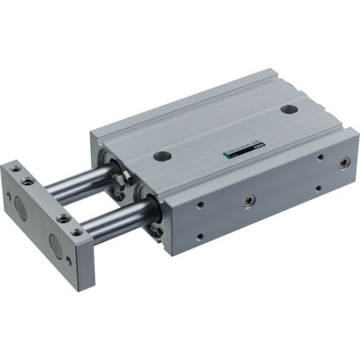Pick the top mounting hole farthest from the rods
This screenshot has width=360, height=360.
289,110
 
